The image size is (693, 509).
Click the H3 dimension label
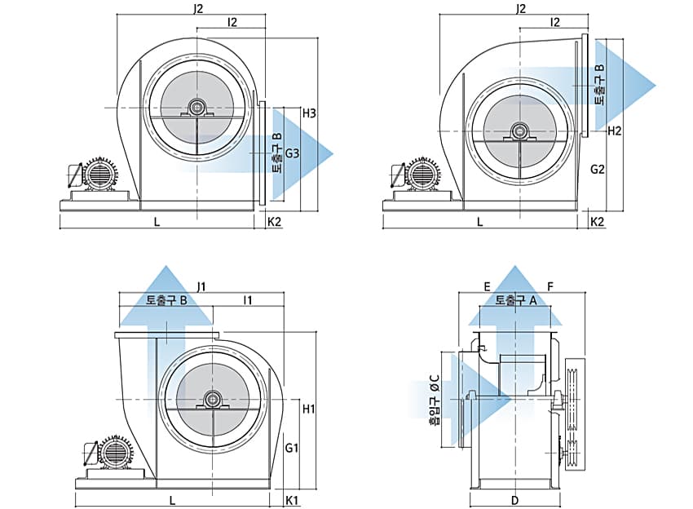pos(309,113)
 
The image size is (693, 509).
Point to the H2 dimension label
pos(615,131)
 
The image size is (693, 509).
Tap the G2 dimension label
pos(598,170)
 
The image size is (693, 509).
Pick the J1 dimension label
pos(201,285)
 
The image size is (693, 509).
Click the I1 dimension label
pos(248,300)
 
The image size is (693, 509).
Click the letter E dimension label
pos(486,286)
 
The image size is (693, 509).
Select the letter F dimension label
pos(550,286)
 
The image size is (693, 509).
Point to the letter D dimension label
pos(514,498)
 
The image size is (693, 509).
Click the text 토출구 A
pos(515,300)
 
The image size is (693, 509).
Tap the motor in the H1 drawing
pos(113,451)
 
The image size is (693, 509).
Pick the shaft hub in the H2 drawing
pos(519,131)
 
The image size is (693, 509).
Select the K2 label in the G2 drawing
pos(598,221)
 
